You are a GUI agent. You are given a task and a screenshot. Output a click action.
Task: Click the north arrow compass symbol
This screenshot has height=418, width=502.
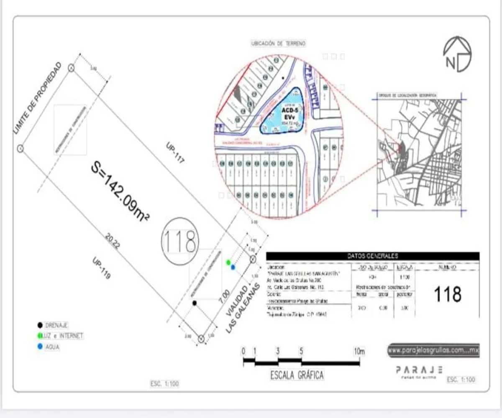[x=457, y=54]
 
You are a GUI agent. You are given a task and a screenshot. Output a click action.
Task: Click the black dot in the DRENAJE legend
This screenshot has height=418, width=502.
[x=40, y=325]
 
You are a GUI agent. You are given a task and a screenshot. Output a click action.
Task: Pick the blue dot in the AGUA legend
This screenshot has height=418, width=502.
[x=40, y=347]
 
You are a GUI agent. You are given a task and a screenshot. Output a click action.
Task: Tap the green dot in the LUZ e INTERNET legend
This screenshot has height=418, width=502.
[x=40, y=336]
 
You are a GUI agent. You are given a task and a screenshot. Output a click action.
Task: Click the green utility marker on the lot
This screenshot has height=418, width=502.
[x=228, y=262]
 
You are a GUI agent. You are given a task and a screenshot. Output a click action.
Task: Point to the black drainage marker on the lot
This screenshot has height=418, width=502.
[x=194, y=302]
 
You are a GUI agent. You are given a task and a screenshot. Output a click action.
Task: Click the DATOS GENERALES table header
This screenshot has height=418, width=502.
[x=373, y=256]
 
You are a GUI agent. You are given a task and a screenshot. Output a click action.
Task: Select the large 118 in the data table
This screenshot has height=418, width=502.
[x=448, y=294]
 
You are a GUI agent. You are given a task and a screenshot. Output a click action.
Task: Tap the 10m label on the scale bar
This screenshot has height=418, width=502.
[x=359, y=352]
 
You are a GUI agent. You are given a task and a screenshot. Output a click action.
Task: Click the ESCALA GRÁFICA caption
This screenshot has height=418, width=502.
[x=297, y=375]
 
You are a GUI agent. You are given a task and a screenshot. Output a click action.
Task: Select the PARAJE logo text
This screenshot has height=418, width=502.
[x=419, y=370]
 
